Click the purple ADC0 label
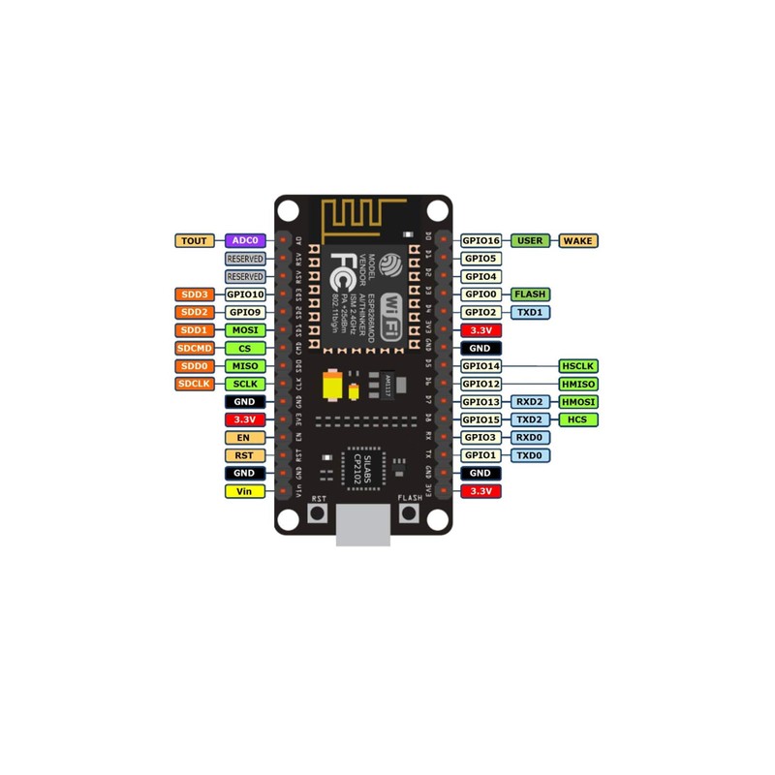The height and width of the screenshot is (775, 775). [244, 240]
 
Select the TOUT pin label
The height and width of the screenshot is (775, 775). [195, 240]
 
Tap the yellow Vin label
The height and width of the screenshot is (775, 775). [244, 491]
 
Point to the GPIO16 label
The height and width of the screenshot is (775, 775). [480, 240]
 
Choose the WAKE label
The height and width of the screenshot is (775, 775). [579, 240]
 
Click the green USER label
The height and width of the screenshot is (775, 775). [530, 240]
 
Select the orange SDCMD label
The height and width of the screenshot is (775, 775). [195, 348]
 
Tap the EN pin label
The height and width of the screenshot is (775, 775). [244, 437]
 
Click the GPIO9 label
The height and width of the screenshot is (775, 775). [244, 312]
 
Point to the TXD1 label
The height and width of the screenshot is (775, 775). [530, 312]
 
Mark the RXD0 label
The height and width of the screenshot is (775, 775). [530, 437]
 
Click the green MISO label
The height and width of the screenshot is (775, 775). [244, 366]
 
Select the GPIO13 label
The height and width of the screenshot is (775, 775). [480, 402]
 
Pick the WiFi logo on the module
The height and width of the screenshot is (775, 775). [392, 315]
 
